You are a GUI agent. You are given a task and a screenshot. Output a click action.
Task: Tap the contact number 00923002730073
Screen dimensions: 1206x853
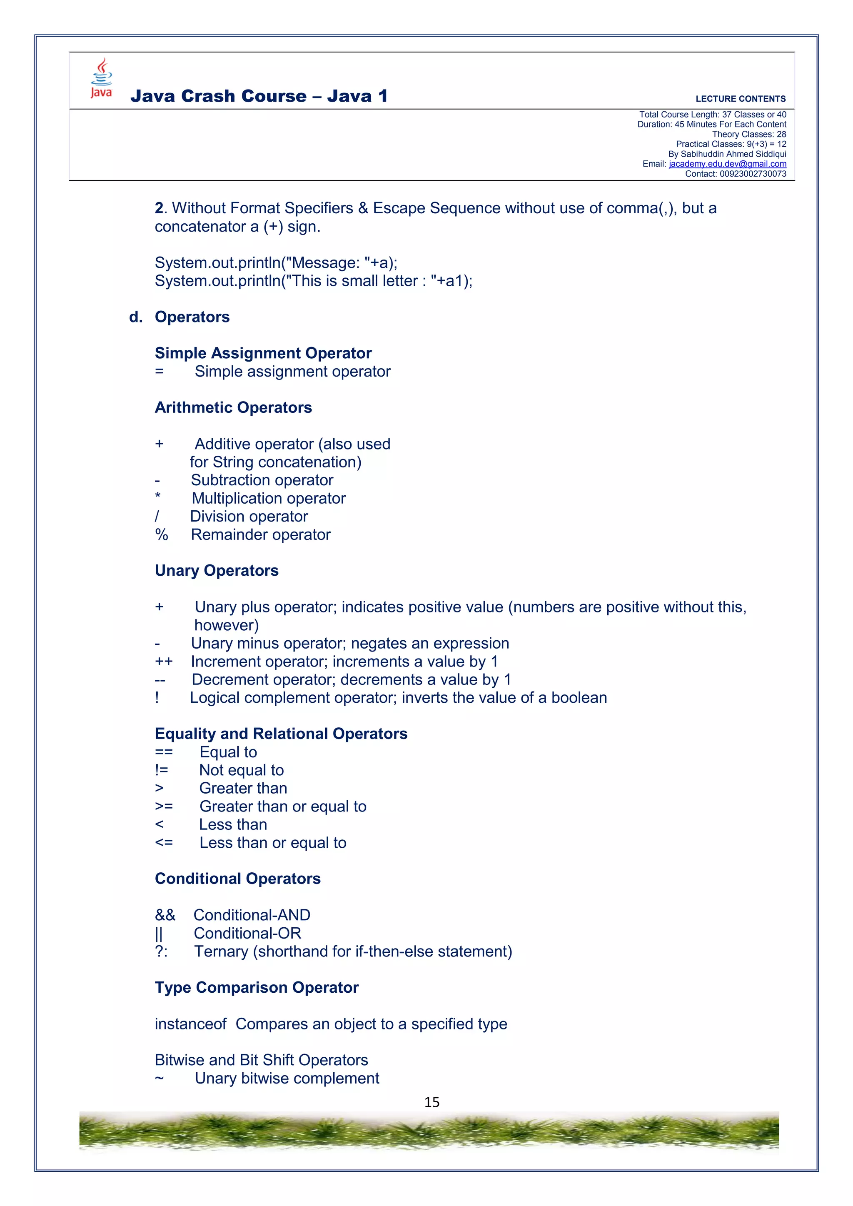click(752, 174)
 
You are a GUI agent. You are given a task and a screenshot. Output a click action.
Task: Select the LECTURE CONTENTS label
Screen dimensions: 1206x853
click(740, 99)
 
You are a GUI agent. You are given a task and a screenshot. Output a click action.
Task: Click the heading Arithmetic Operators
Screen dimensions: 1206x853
click(233, 407)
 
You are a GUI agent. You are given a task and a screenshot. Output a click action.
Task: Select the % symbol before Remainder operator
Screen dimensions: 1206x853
click(161, 535)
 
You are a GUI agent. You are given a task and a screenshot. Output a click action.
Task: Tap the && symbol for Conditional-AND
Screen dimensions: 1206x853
click(165, 915)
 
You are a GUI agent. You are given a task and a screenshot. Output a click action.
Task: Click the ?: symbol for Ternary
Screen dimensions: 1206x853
click(161, 951)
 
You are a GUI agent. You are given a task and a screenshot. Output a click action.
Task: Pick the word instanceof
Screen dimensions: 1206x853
click(190, 1024)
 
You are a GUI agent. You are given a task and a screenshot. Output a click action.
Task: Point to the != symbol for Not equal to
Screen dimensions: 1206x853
click(162, 770)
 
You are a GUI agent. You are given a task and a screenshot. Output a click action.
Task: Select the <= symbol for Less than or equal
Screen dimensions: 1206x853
click(163, 842)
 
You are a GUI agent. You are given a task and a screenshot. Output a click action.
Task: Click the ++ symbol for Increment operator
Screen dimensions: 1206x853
click(163, 661)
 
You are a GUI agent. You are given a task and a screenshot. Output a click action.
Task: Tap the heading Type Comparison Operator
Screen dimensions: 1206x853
click(256, 987)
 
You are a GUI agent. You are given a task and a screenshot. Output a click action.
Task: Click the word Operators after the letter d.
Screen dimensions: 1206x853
click(192, 317)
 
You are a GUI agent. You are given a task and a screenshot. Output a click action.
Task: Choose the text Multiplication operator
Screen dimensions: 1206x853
click(268, 499)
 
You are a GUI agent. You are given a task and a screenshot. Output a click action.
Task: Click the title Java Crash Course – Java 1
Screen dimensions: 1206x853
click(259, 96)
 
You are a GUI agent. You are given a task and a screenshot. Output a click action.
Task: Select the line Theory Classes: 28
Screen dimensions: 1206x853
click(748, 135)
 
